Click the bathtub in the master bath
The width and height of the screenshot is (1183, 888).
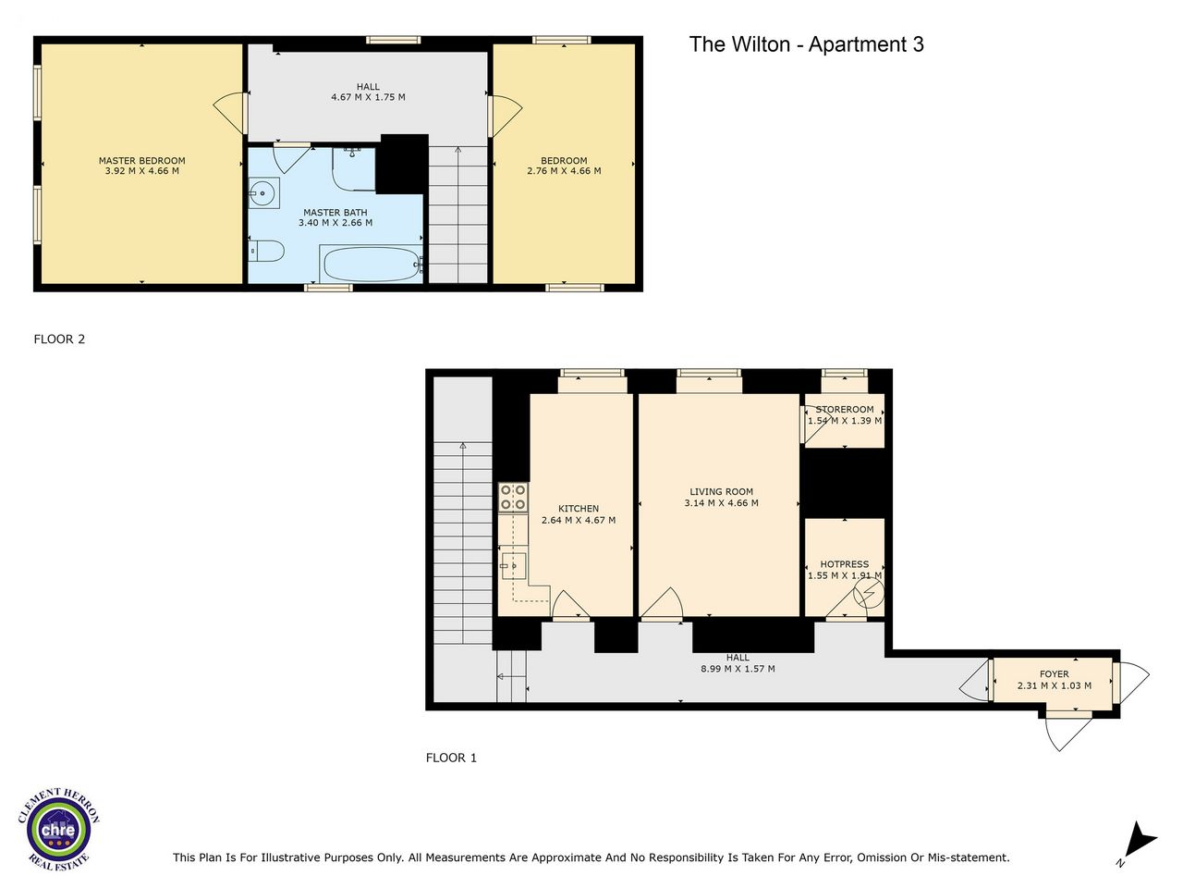click(371, 263)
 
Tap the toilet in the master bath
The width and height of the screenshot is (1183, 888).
click(266, 251)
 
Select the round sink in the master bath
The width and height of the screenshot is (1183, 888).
click(264, 192)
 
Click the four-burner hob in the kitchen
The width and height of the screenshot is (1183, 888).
click(513, 497)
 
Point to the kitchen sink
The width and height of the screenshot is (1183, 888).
click(514, 566)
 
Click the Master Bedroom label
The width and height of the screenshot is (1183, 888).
click(141, 161)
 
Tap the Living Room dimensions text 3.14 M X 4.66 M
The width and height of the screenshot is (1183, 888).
click(721, 503)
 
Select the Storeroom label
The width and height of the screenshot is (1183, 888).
click(845, 410)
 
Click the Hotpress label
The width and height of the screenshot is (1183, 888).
click(845, 564)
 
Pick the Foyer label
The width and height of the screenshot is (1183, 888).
click(1055, 674)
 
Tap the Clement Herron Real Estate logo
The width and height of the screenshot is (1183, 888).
click(58, 829)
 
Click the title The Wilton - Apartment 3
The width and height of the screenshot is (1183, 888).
click(806, 44)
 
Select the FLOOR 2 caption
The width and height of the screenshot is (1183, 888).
click(59, 339)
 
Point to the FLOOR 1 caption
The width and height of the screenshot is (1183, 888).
click(451, 758)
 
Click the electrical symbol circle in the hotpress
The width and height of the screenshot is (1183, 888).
click(869, 594)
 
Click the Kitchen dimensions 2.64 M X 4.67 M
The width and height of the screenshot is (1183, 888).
click(579, 520)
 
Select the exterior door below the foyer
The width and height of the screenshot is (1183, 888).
click(1067, 731)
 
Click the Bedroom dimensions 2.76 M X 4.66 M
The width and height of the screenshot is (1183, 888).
click(564, 171)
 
